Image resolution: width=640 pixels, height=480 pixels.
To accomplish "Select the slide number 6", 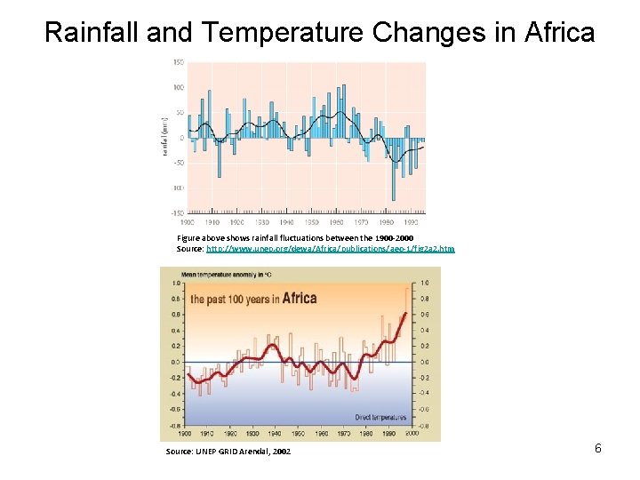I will pyautogui.click(x=598, y=448).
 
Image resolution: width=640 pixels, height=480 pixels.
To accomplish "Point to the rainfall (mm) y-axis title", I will pyautogui.click(x=165, y=138).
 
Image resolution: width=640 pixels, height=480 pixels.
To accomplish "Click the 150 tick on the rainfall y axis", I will pyautogui.click(x=178, y=62).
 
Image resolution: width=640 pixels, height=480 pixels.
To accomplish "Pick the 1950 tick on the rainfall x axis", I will pyautogui.click(x=312, y=222).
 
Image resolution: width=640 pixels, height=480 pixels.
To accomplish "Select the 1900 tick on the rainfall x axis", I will pyautogui.click(x=187, y=222).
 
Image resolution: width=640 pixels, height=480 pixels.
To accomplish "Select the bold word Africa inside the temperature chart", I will pyautogui.click(x=299, y=298).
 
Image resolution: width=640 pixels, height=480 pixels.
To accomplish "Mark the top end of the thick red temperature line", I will pyautogui.click(x=406, y=313).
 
